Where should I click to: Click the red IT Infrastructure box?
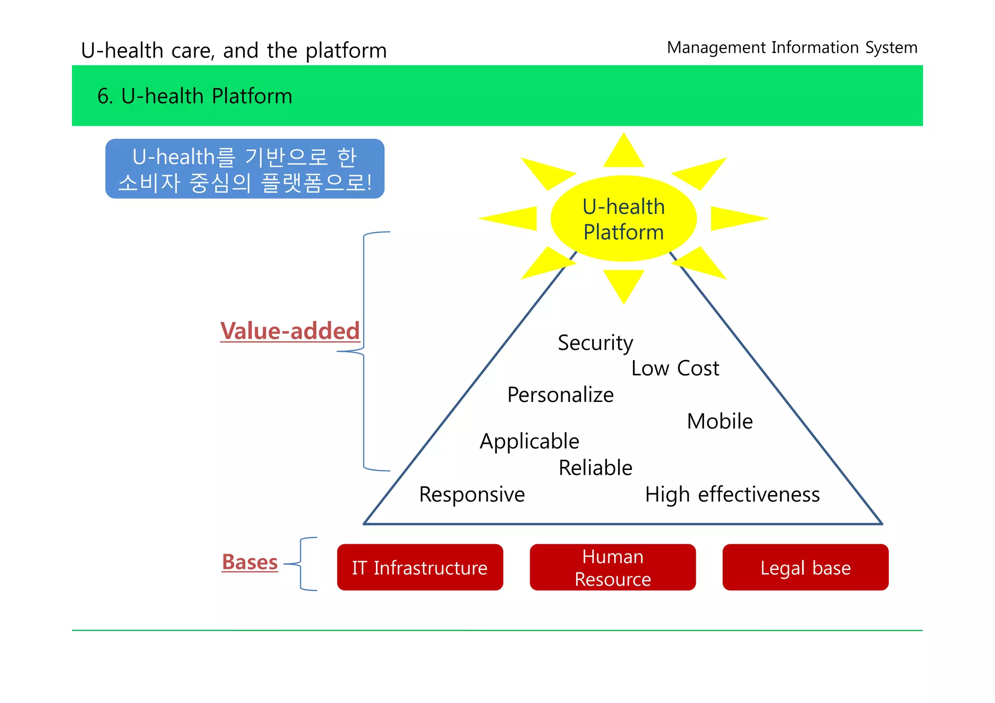tap(420, 567)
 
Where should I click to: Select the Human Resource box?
tap(613, 567)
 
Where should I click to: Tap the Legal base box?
tap(805, 567)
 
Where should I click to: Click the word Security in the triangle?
tap(595, 343)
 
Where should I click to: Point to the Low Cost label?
tap(675, 368)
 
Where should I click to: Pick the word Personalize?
tap(560, 395)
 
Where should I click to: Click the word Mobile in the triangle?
tap(720, 421)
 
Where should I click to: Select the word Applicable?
tap(529, 441)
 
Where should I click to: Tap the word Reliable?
tap(595, 468)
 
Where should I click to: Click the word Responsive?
tap(472, 495)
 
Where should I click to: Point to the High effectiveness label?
tap(732, 495)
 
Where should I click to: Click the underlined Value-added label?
tap(290, 331)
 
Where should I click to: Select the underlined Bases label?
tap(250, 562)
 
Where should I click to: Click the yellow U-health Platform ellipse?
tap(623, 219)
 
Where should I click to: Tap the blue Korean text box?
tap(244, 169)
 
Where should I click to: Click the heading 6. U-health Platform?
tap(195, 96)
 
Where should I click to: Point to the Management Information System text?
tap(792, 48)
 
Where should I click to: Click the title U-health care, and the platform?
tap(234, 50)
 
